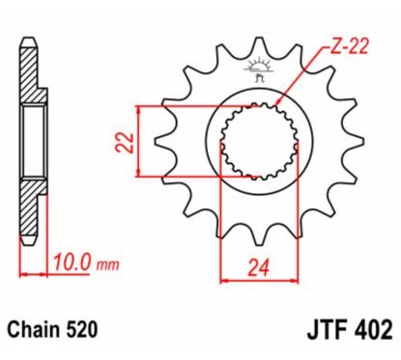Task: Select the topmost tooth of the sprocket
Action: (x=258, y=48)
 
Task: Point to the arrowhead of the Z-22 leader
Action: (x=277, y=103)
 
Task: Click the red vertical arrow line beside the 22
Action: (x=142, y=142)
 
